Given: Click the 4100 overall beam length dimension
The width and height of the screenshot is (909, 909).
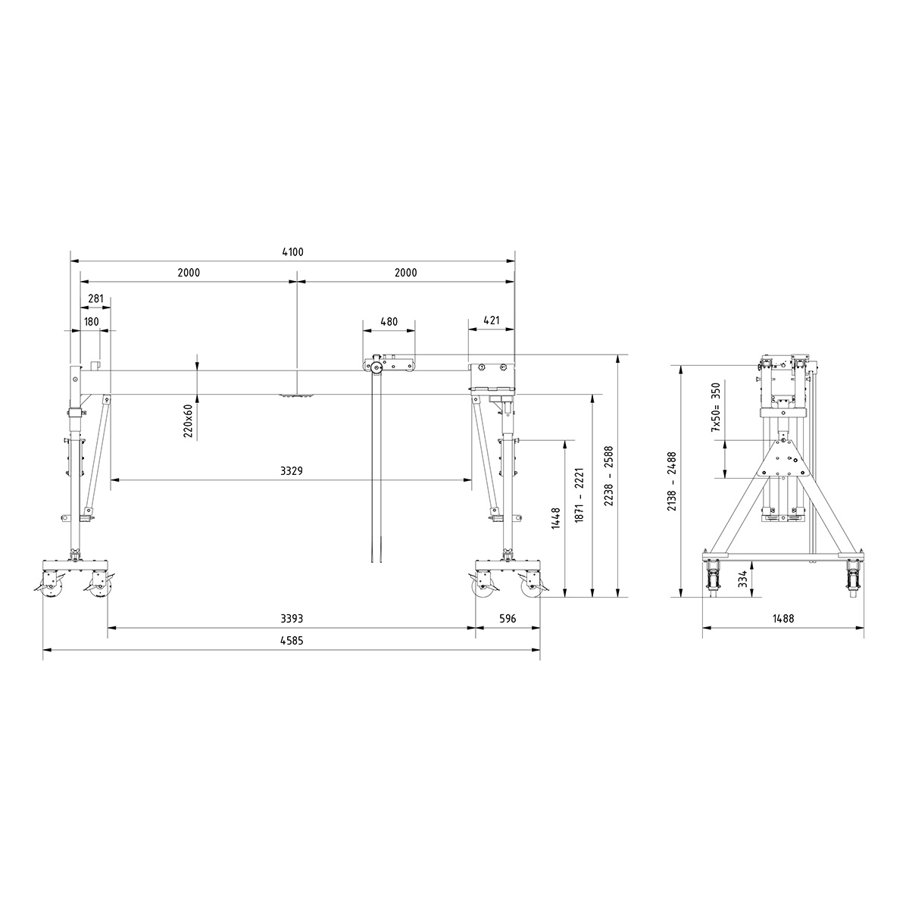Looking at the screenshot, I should coord(292,252).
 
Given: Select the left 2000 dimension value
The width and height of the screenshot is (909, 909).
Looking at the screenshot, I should coord(189,273).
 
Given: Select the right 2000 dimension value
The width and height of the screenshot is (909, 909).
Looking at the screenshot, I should coord(406,273).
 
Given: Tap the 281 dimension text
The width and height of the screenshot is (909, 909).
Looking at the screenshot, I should coord(95,298).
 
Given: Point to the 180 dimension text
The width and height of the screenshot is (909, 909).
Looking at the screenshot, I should coord(91,321).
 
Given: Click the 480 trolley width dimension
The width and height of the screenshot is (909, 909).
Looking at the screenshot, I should coord(388,321).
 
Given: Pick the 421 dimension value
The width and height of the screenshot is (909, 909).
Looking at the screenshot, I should coord(492,321).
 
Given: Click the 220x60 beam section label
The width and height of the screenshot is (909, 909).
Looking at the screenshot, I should coord(189,422).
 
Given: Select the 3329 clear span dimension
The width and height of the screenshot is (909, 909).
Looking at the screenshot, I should coord(292,470).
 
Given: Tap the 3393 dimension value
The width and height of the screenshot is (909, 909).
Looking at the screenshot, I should coord(292,619).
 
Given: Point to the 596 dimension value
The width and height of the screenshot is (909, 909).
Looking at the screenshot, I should coord(508,619).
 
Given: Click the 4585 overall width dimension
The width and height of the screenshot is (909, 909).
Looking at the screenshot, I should coord(292,640).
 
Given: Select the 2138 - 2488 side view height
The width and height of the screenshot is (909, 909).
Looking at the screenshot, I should coord(671,482).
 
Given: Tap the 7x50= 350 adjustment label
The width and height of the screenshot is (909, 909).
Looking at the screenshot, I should coord(714,407).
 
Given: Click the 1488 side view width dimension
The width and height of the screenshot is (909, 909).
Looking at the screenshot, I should coord(783,619).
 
